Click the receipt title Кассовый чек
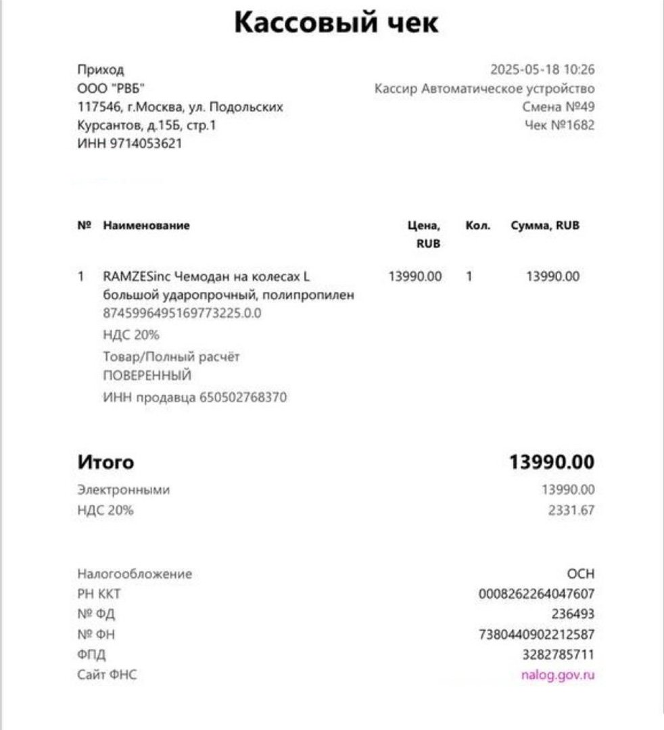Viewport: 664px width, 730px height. pos(336,22)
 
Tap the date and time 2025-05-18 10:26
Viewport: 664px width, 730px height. pos(542,70)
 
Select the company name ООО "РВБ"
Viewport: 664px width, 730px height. pos(111,89)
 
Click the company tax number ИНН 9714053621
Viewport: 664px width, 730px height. pos(129,143)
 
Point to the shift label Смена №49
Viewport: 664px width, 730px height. pos(558,107)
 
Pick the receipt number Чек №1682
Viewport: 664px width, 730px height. pos(559,125)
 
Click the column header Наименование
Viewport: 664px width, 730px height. pos(146,226)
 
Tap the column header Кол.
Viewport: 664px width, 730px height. pos(477,226)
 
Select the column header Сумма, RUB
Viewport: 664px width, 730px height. pos(545,226)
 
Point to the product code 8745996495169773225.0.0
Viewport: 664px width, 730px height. pos(182,314)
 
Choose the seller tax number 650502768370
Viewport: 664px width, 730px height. pos(243,397)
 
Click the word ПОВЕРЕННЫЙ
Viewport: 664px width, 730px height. pos(147,376)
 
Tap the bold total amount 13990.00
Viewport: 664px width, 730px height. pos(552,462)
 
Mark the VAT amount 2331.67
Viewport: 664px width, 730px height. pos(571,510)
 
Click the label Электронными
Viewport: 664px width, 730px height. pos(123,490)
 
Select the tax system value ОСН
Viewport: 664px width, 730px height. pos(581,574)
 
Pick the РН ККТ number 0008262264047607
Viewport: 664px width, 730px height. pos(536,594)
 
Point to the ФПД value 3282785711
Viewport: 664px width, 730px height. pos(559,654)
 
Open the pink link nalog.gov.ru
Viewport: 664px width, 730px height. pos(558,675)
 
